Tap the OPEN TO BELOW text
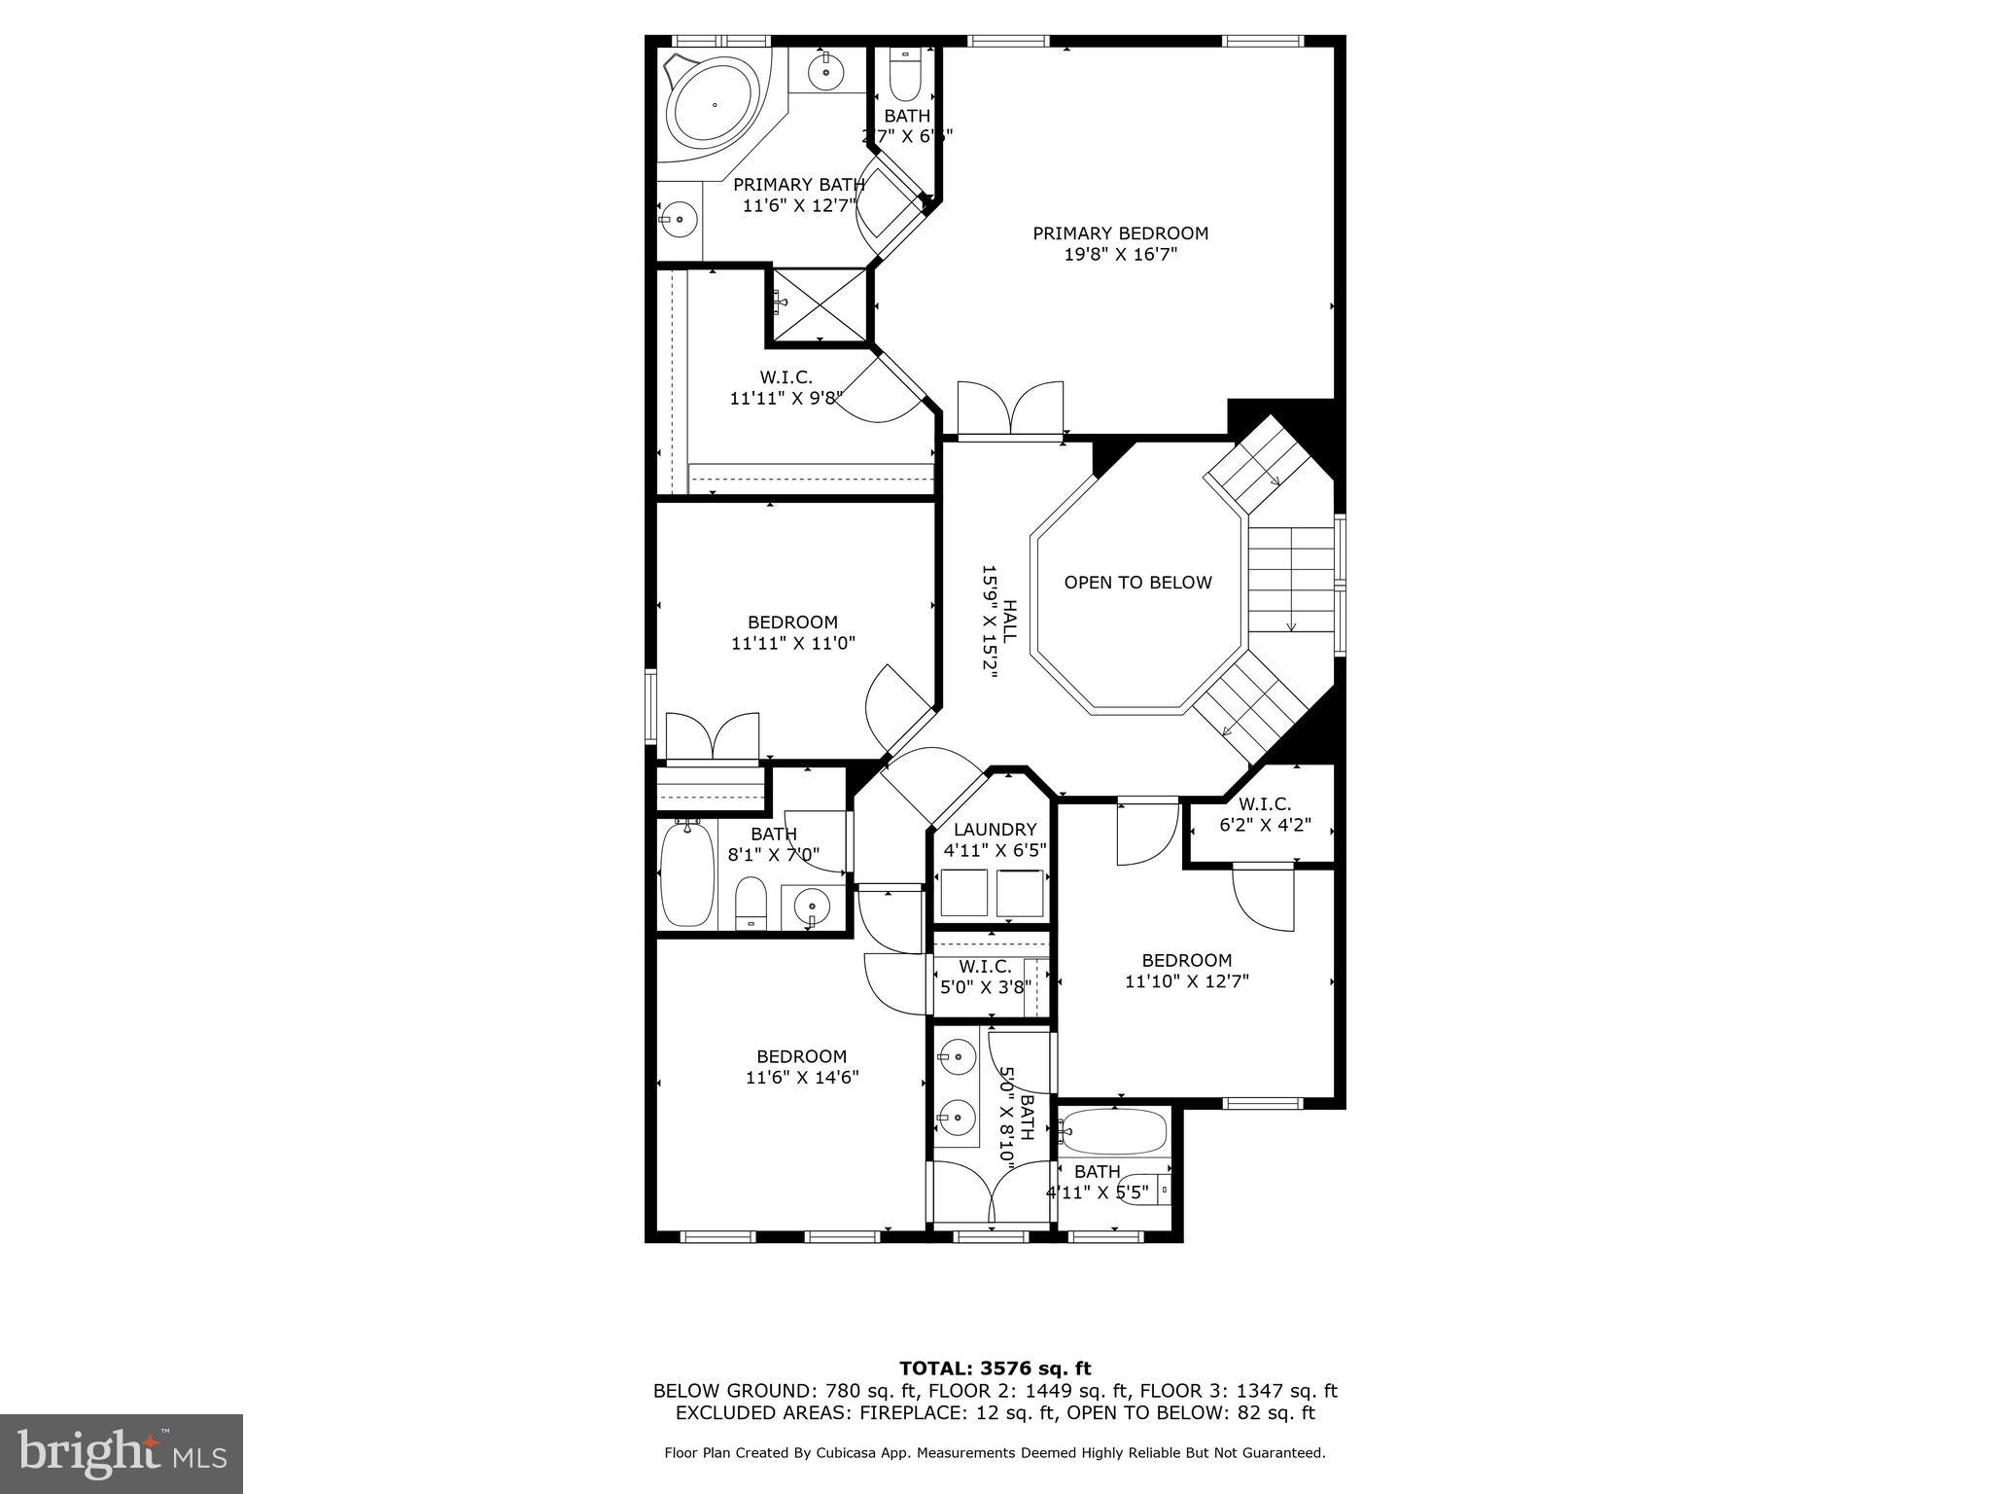1137,583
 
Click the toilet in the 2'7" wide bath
905,78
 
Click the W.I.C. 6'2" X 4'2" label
1264,815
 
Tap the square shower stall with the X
820,304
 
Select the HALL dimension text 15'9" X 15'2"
990,633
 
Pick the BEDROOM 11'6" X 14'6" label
801,1067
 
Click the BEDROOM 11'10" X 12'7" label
1186,971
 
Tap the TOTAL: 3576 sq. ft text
995,1369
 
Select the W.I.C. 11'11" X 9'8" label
786,387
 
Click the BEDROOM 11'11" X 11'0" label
792,632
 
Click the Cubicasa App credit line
995,1453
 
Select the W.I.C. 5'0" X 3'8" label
984,977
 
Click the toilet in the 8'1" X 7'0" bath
750,902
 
